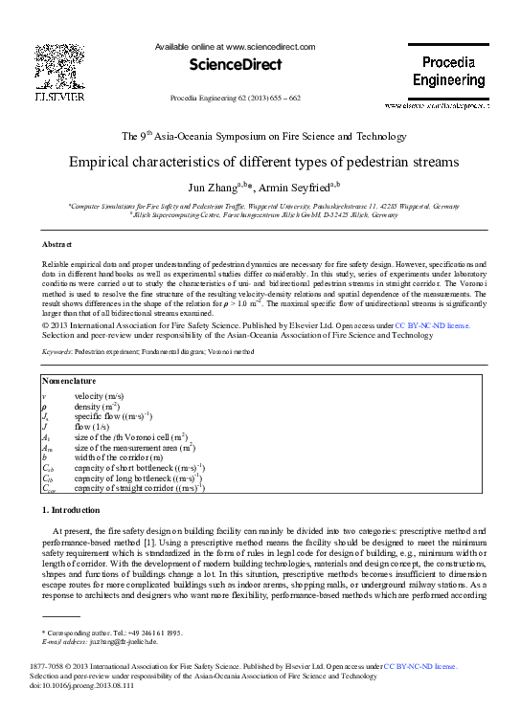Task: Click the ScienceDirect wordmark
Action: (235, 65)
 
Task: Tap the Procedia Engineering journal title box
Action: (435, 72)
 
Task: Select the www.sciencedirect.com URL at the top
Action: (271, 46)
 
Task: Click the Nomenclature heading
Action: (71, 383)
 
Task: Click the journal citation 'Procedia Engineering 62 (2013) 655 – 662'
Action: (235, 99)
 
